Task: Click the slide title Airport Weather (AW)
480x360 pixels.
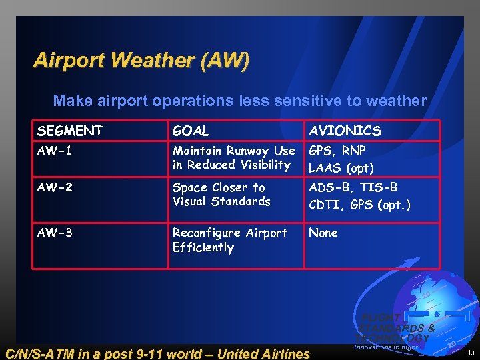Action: [x=141, y=61]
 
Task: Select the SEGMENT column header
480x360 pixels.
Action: [x=70, y=131]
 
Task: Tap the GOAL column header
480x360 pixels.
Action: [x=191, y=131]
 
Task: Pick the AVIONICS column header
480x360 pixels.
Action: [x=345, y=131]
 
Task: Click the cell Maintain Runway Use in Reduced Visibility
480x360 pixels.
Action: [x=233, y=158]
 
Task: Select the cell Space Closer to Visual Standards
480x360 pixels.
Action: [x=221, y=195]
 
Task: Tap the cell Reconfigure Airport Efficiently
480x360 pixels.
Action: [x=229, y=240]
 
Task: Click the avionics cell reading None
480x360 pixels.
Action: [x=323, y=233]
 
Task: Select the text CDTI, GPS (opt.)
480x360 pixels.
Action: [x=359, y=205]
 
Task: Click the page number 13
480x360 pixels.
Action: [x=471, y=353]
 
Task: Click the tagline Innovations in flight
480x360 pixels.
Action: [x=385, y=347]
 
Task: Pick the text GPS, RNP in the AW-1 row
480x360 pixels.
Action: [x=337, y=151]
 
